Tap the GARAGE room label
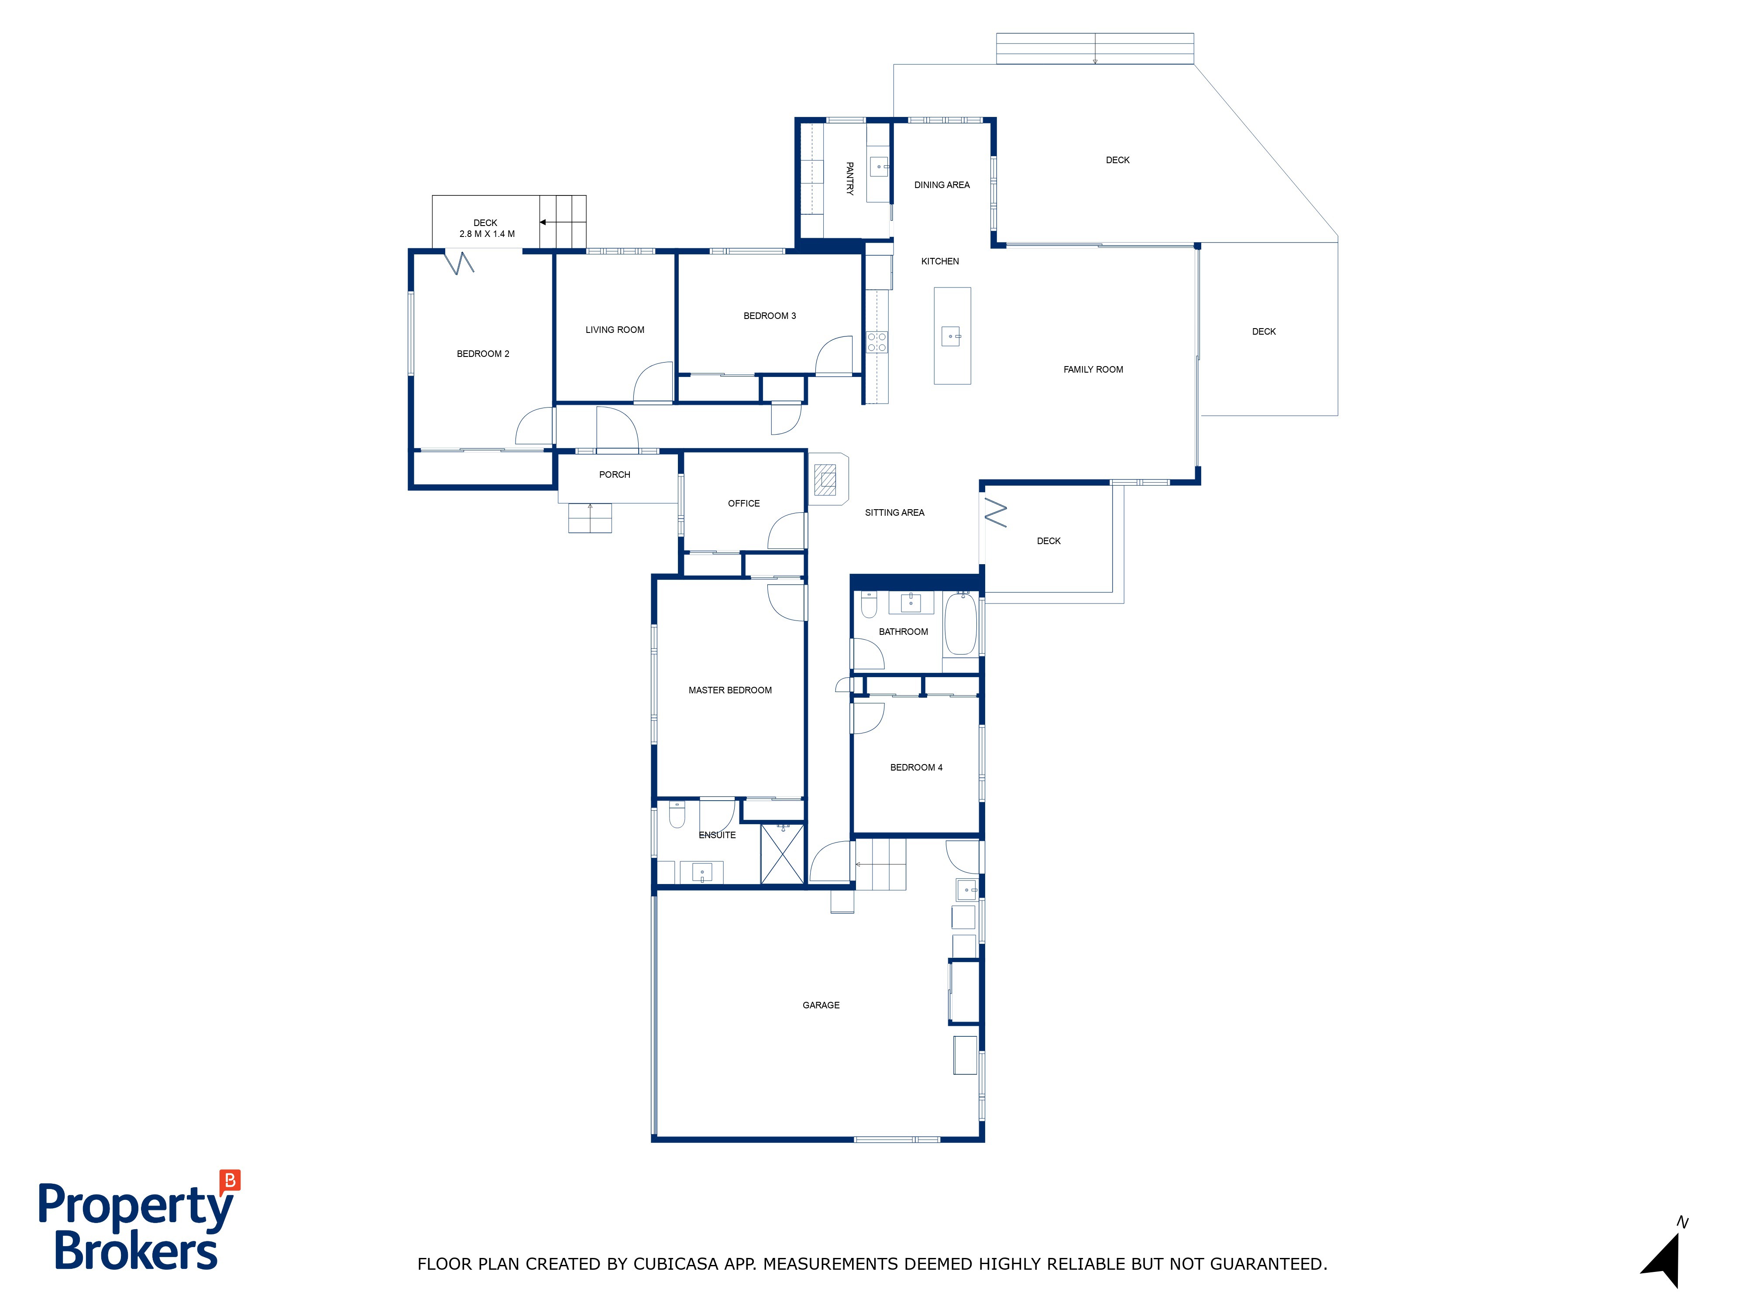click(x=821, y=1005)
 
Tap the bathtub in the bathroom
click(x=961, y=624)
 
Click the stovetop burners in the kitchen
click(x=877, y=342)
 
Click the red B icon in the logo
click(x=230, y=1180)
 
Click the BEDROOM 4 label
click(x=916, y=768)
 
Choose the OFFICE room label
click(x=743, y=504)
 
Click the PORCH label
click(x=615, y=475)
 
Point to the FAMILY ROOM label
click(x=1093, y=369)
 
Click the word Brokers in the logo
click(x=136, y=1251)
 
